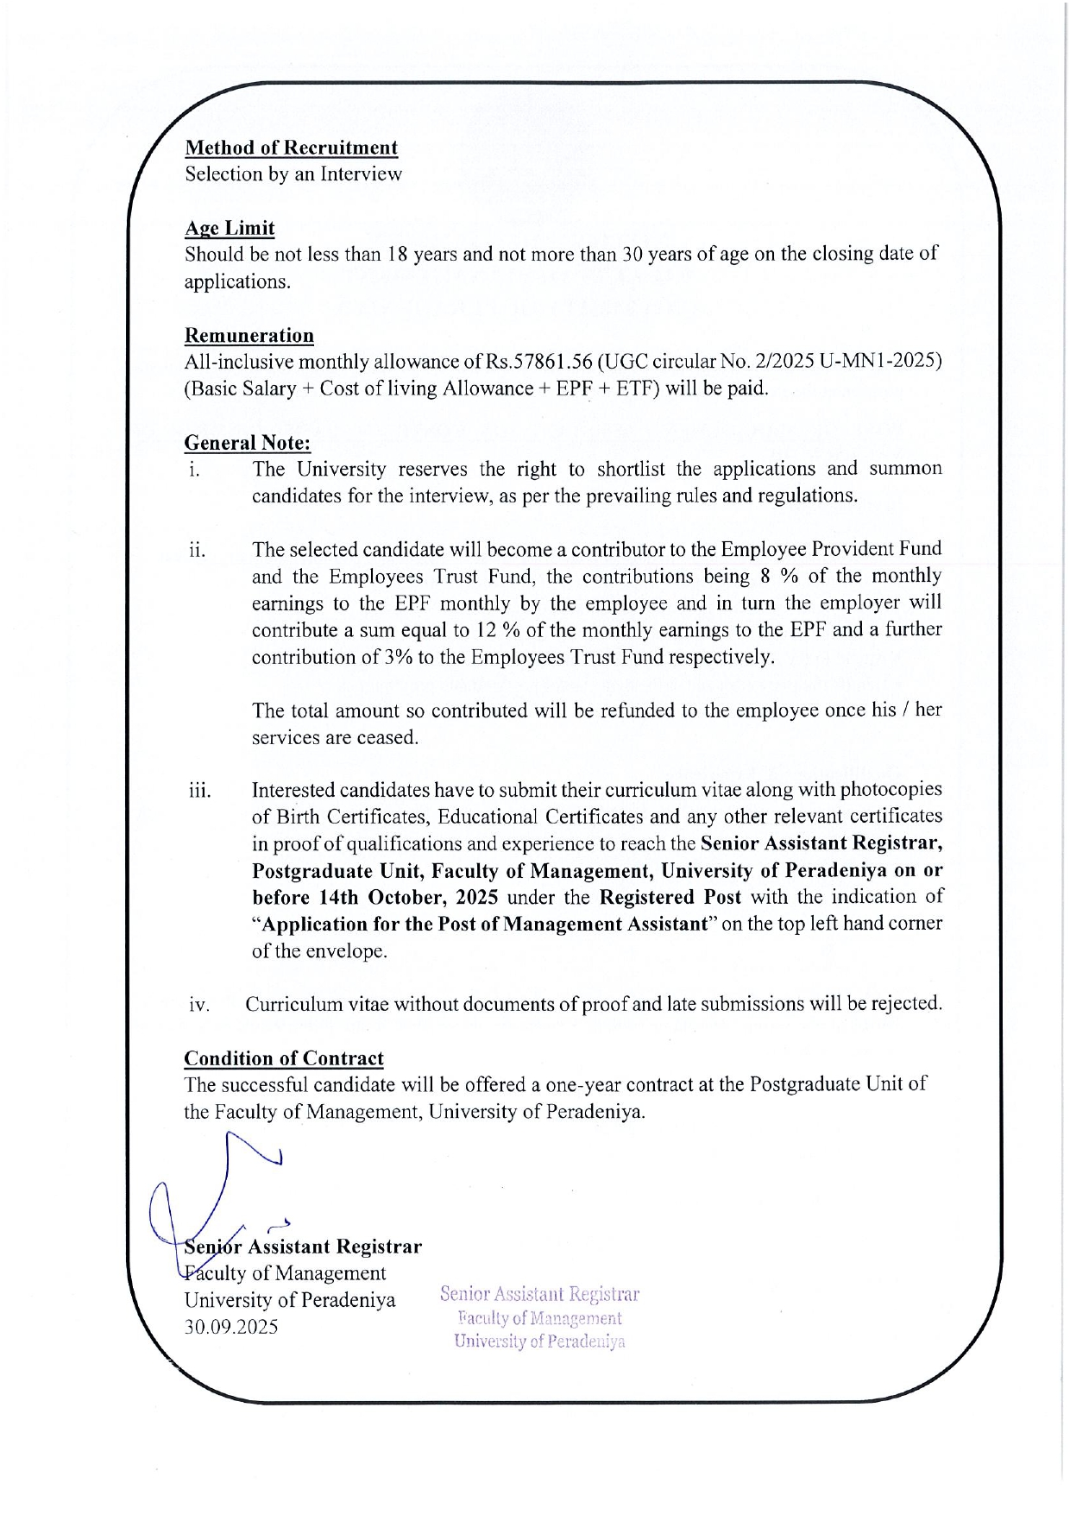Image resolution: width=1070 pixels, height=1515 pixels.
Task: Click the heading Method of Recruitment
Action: coord(291,148)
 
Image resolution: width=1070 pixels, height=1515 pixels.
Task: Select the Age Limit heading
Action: coord(230,228)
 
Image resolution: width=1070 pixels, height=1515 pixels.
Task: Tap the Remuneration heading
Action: coord(249,335)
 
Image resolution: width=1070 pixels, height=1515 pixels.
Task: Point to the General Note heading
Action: coord(247,443)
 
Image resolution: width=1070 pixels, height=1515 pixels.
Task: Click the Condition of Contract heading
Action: coord(283,1058)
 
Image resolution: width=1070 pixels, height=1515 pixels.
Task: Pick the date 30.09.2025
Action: coord(231,1327)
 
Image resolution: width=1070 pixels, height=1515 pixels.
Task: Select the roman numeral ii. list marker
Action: coord(198,550)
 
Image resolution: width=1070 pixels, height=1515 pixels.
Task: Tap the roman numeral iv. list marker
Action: coord(199,1005)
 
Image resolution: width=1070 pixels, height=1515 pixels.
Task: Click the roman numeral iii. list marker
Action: coord(200,791)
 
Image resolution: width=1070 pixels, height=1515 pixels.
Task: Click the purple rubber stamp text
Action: coord(539,1317)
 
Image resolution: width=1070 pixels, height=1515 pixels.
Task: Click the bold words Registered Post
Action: coord(670,897)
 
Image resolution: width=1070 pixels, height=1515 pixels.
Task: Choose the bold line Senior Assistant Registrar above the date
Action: coord(303,1247)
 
